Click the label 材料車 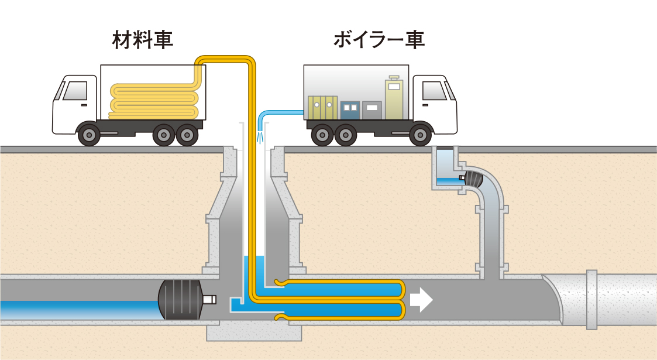click(x=142, y=40)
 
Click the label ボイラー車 click(x=379, y=40)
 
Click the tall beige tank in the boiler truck click(x=394, y=98)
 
